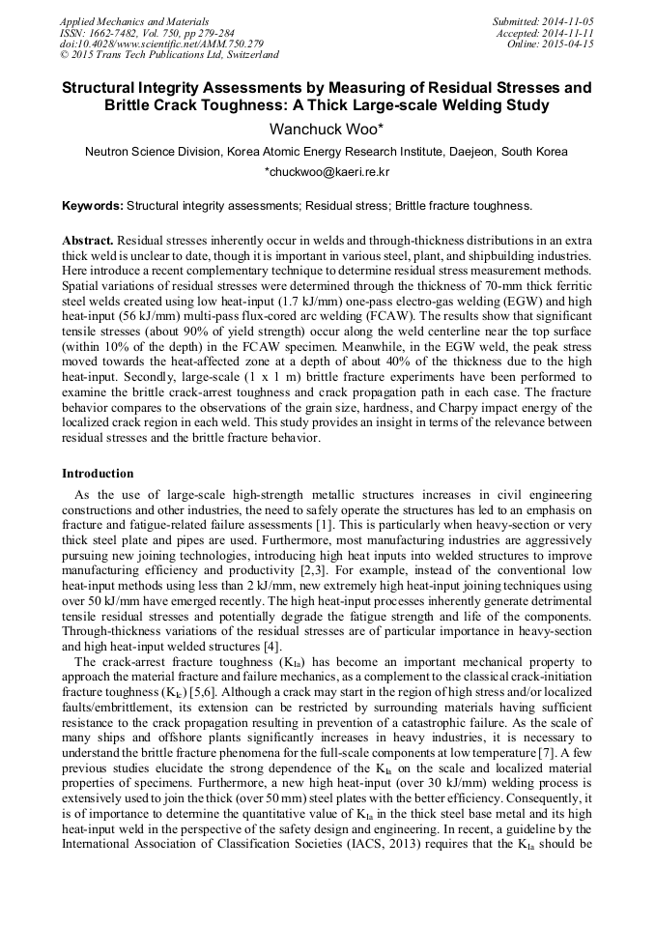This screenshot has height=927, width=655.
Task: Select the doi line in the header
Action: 160,44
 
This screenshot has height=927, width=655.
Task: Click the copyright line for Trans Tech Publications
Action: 169,56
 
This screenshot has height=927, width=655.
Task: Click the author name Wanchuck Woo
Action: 327,129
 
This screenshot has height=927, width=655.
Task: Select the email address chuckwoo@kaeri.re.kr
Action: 327,172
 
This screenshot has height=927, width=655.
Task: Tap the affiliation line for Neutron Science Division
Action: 327,152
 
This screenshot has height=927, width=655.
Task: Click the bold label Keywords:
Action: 93,206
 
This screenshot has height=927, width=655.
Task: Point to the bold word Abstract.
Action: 88,239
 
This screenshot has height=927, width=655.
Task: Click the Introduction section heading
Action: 98,474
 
